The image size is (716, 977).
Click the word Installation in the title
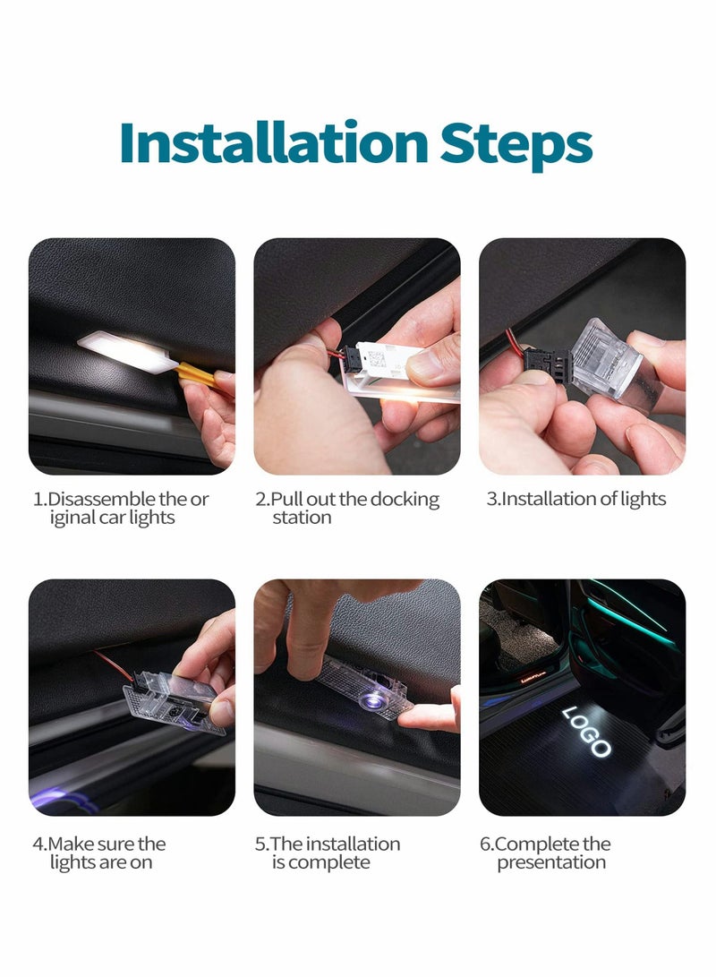click(273, 143)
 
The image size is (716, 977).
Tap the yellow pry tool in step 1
click(199, 374)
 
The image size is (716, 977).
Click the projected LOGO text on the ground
click(587, 730)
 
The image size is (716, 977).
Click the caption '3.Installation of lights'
click(576, 499)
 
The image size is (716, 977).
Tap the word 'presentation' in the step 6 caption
click(551, 862)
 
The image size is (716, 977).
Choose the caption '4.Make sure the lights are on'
click(100, 853)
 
